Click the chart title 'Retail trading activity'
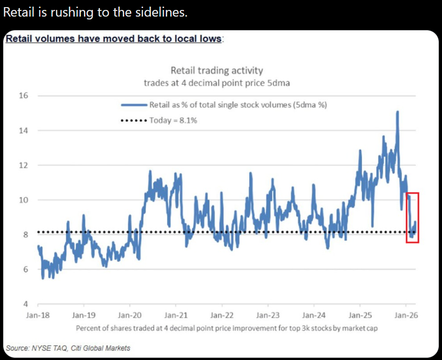[216, 71]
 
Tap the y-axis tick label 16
[23, 96]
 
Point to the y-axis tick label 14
[23, 130]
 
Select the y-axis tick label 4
[26, 304]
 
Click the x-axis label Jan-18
[37, 315]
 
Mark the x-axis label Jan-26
[406, 315]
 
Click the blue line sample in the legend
[134, 105]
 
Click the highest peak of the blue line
[397, 112]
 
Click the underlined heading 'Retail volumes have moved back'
[113, 38]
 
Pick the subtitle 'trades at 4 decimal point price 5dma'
[216, 82]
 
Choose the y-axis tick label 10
[23, 200]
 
